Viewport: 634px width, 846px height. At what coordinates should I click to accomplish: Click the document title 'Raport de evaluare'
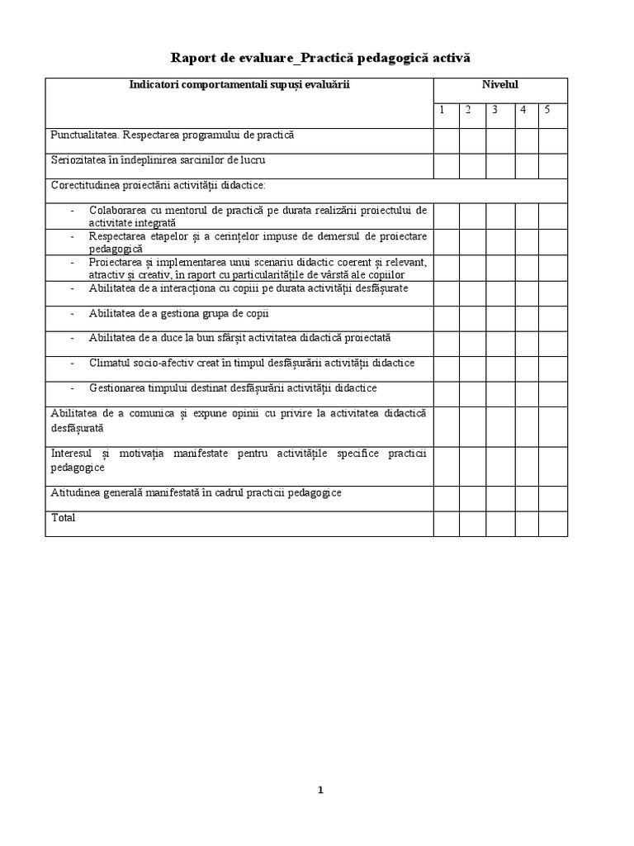click(230, 57)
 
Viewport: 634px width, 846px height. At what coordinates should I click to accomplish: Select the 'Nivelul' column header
click(500, 84)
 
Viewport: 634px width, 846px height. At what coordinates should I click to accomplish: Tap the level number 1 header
click(442, 111)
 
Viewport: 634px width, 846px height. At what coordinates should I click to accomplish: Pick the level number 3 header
click(494, 111)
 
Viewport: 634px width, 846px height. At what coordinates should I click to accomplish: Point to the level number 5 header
click(546, 111)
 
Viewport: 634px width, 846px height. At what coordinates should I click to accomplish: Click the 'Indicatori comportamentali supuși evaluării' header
click(240, 84)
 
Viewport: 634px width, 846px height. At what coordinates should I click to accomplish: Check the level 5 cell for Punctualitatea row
click(553, 140)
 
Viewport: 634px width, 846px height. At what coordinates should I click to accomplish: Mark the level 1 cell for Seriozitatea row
click(447, 166)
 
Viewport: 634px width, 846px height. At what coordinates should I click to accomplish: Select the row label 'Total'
click(63, 518)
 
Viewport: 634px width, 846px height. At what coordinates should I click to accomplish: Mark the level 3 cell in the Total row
click(500, 524)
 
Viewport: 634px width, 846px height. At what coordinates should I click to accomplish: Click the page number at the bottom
click(320, 790)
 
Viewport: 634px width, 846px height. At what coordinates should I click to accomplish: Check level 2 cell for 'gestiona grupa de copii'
click(473, 319)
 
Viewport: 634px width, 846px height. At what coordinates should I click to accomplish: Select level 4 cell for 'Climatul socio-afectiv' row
click(527, 368)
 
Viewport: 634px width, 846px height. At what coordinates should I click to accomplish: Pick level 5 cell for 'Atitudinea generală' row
click(553, 498)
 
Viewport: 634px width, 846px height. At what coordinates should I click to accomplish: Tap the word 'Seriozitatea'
click(78, 160)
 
